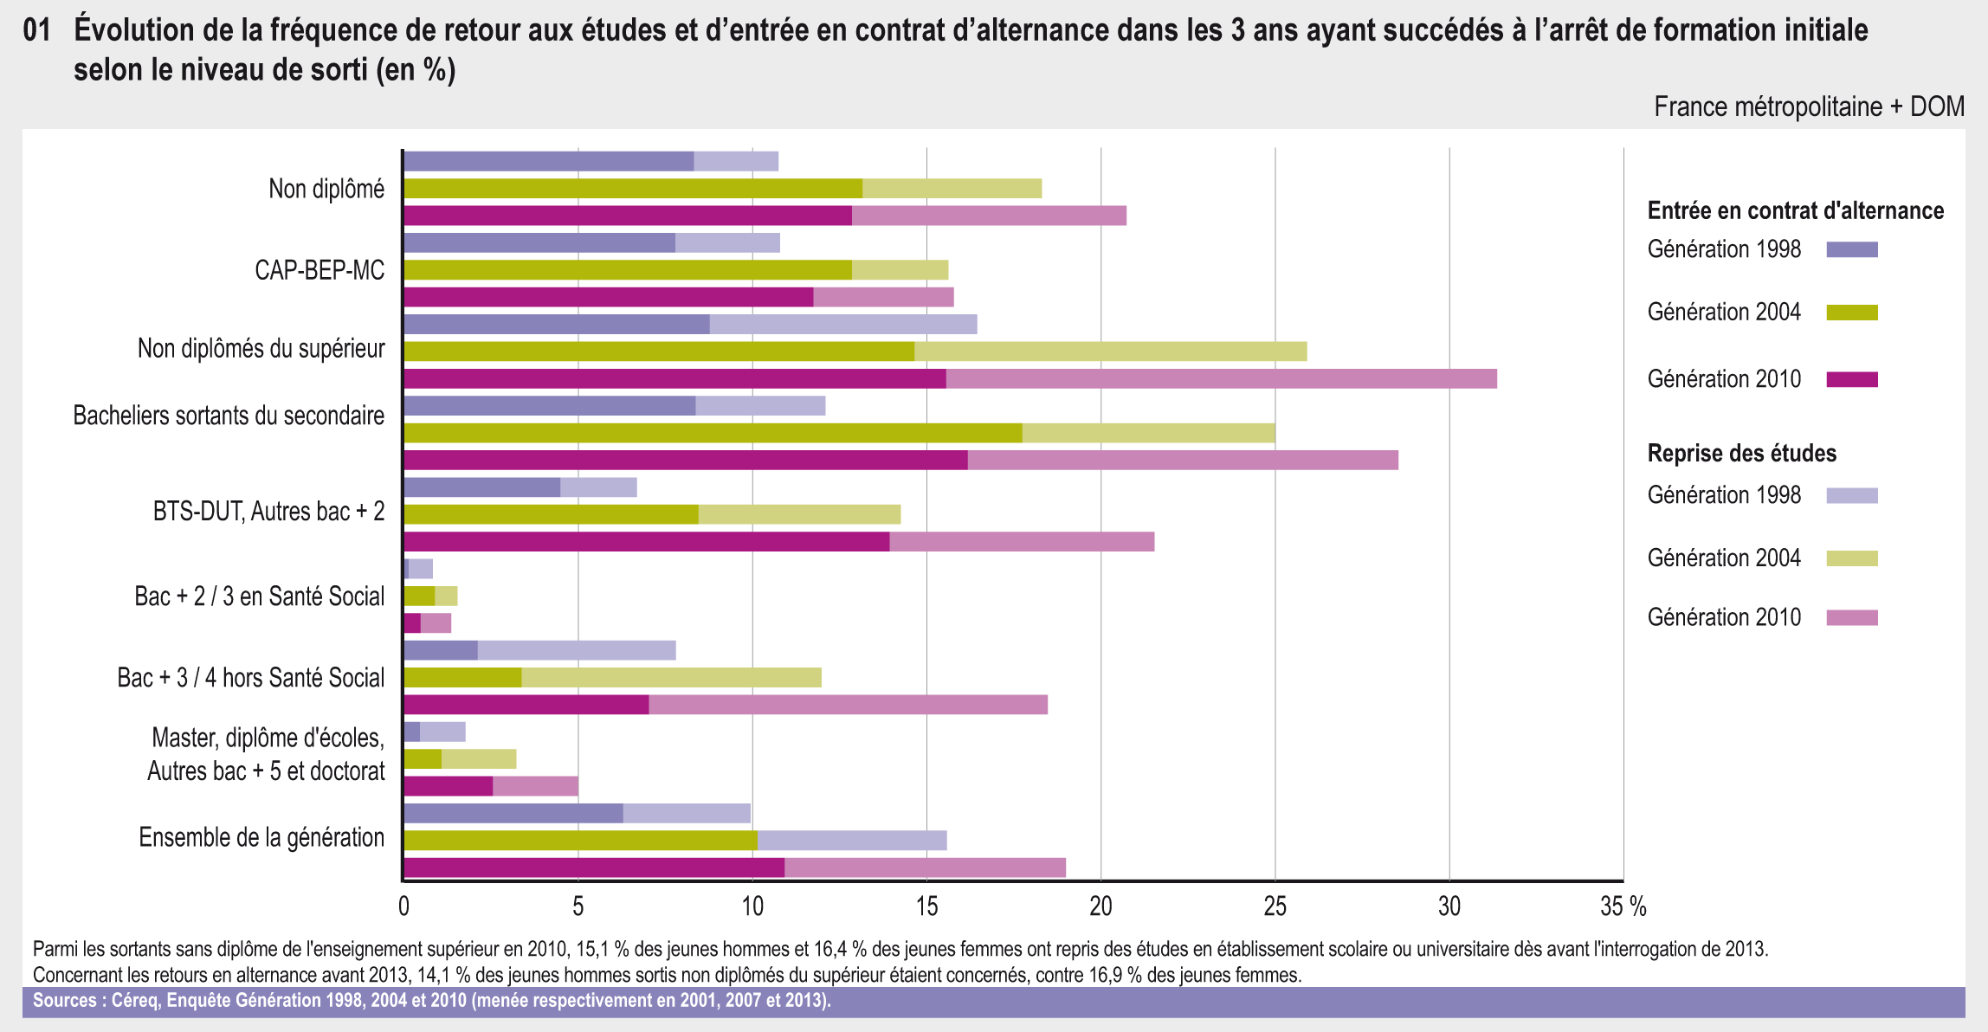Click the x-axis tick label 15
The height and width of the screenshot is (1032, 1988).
coord(926,906)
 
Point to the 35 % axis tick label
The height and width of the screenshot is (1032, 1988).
coord(1623,906)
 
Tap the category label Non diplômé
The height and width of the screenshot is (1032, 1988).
coord(326,189)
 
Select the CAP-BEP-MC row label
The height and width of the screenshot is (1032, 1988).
coord(319,270)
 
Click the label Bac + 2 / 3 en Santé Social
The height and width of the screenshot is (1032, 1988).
coord(259,597)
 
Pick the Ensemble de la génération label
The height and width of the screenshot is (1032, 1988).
coord(261,837)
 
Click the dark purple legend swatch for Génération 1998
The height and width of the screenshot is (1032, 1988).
coord(1851,250)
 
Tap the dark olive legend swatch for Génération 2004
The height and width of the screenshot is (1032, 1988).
coord(1851,313)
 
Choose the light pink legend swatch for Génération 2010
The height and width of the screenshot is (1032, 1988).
coord(1851,617)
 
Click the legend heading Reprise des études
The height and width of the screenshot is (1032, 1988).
coord(1741,453)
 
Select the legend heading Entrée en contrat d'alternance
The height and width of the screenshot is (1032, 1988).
coord(1795,210)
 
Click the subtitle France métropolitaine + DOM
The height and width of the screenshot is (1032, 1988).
coord(1809,106)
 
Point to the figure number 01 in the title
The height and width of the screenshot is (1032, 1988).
coord(36,30)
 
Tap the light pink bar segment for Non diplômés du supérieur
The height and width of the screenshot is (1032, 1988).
coord(1221,379)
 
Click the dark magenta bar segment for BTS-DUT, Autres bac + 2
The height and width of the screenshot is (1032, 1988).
coord(646,542)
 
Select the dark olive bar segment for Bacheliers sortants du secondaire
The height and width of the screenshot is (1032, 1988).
coord(712,433)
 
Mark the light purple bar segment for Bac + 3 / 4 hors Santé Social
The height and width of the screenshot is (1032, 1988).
coord(577,651)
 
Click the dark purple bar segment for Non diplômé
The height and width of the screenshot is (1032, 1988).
coord(548,161)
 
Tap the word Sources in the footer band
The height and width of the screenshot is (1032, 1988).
coord(64,1001)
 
